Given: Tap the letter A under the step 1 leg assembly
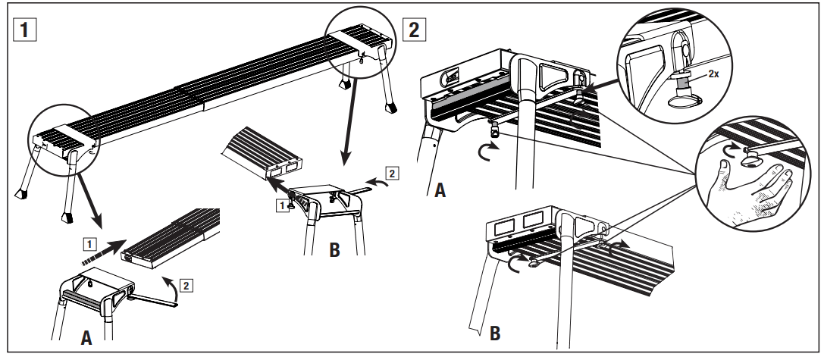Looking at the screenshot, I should (86, 339).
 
